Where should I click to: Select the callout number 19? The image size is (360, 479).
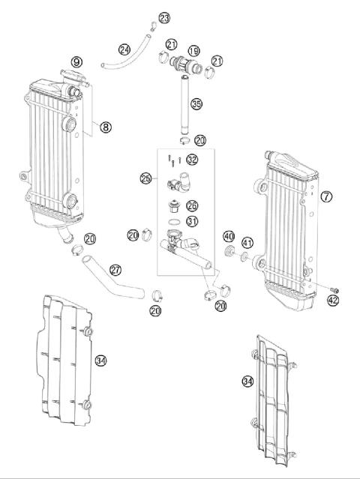[194, 51]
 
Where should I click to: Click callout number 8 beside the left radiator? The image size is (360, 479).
[106, 127]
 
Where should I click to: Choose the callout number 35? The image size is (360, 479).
[196, 103]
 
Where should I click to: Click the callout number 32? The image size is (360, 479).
[192, 159]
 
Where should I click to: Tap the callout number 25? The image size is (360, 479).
[145, 178]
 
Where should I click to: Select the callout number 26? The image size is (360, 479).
[192, 205]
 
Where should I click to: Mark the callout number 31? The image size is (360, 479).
[192, 221]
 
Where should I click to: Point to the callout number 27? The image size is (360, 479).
[115, 269]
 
